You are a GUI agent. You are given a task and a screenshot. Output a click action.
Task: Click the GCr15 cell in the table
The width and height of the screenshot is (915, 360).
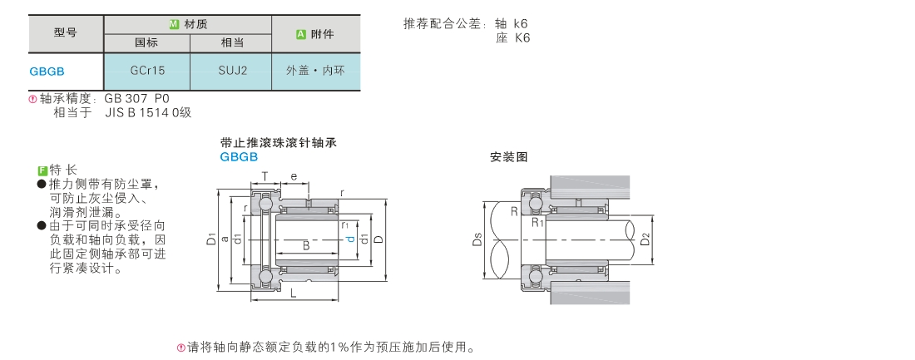(x=147, y=71)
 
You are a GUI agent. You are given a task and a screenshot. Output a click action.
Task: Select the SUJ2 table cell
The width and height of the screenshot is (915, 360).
(x=232, y=71)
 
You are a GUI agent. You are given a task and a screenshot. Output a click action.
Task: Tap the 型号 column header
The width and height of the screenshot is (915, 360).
(x=66, y=32)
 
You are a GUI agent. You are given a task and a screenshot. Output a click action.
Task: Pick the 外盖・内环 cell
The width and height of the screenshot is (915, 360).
(x=315, y=71)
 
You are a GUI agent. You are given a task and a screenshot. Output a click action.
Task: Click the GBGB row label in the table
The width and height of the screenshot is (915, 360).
(x=47, y=72)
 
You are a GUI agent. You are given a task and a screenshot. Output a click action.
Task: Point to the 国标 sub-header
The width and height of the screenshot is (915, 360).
(x=146, y=42)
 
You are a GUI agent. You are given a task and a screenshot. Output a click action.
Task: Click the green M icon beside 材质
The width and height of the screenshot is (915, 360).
(x=174, y=24)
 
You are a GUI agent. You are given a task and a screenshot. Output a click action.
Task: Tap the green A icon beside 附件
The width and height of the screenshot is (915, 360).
(x=301, y=34)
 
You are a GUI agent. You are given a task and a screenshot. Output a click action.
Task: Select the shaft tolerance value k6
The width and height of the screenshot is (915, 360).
(x=521, y=24)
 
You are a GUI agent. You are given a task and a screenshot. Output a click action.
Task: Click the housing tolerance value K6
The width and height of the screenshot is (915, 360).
(x=522, y=38)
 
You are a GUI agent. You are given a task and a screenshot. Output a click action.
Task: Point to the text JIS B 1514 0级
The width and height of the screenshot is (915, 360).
(x=148, y=112)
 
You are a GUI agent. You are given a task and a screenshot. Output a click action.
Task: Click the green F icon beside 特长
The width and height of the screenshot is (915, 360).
(x=42, y=170)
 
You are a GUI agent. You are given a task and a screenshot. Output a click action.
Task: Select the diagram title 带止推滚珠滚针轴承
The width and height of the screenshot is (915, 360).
(x=279, y=143)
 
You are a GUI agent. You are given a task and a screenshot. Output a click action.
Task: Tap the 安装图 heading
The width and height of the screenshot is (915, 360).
(x=509, y=157)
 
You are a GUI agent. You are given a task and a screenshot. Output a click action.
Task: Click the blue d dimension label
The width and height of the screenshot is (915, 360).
(x=350, y=239)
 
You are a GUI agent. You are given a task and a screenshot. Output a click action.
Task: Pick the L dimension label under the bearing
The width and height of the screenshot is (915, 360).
(x=294, y=293)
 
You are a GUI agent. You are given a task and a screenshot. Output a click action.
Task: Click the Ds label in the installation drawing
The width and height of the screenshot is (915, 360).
(x=477, y=239)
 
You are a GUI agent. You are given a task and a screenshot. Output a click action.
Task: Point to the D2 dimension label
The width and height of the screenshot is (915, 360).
(x=645, y=239)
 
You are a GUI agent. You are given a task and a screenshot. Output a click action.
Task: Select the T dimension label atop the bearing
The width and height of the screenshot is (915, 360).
(x=265, y=176)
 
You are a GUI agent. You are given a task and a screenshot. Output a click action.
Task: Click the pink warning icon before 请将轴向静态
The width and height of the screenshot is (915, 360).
(x=181, y=348)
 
